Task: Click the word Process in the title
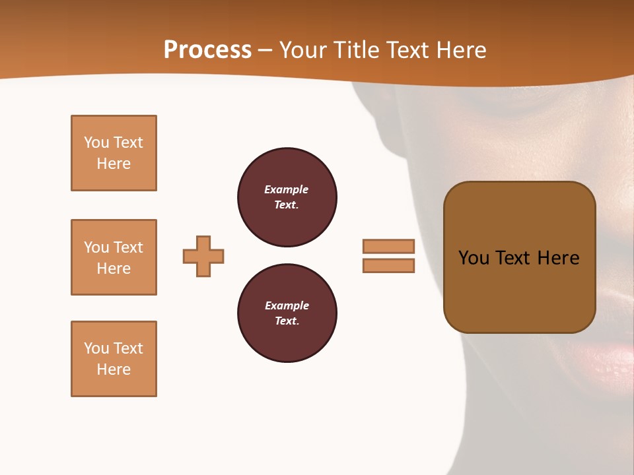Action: click(x=207, y=50)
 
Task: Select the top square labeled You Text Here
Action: click(x=114, y=153)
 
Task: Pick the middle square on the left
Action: click(x=114, y=257)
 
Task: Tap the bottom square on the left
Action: click(x=114, y=359)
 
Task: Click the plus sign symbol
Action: click(x=203, y=256)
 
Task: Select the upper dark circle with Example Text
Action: click(x=287, y=197)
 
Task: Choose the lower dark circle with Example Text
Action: click(x=287, y=313)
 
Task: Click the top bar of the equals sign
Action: click(x=388, y=246)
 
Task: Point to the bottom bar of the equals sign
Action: click(x=388, y=265)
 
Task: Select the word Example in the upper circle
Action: click(x=286, y=189)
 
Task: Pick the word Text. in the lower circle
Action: click(x=287, y=321)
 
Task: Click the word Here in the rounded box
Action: click(x=558, y=258)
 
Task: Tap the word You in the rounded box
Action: click(x=474, y=258)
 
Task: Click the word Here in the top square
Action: click(x=114, y=164)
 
